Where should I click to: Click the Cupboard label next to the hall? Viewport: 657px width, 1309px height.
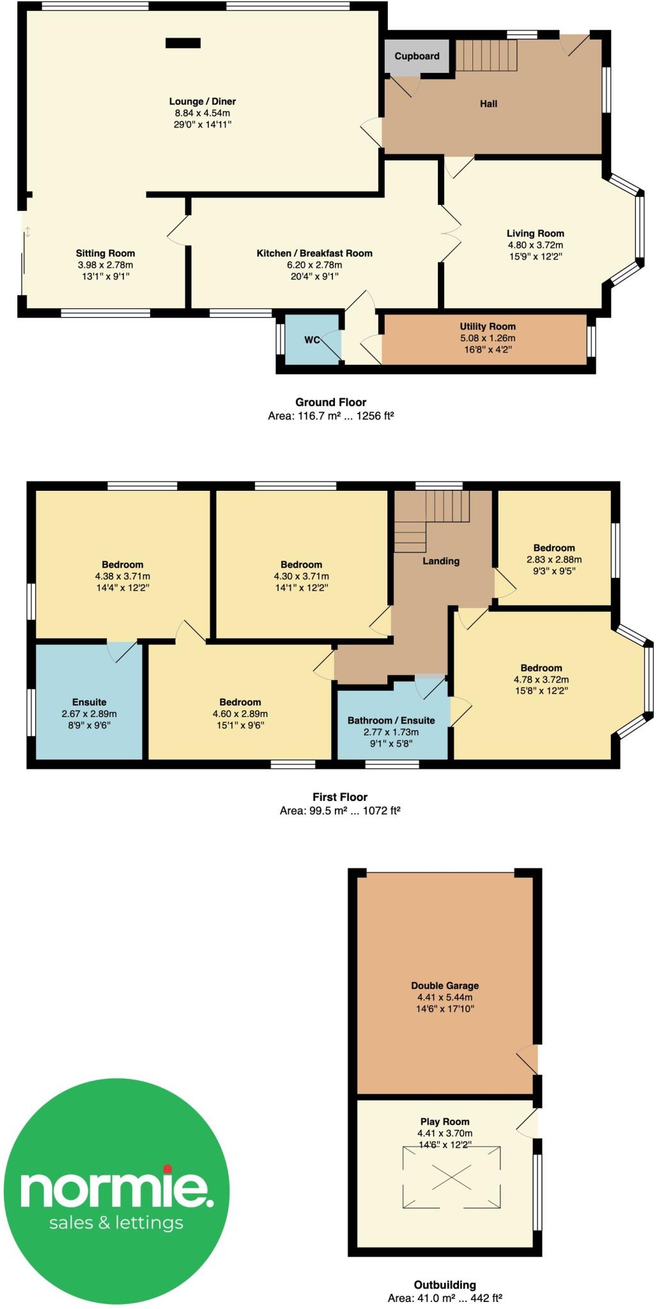click(417, 56)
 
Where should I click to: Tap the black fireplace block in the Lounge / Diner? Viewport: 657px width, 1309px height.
click(183, 43)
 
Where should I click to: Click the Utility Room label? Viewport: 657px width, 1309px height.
click(487, 327)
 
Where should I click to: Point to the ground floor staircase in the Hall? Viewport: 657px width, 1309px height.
click(486, 56)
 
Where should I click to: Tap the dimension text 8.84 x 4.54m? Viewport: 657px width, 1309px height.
click(203, 113)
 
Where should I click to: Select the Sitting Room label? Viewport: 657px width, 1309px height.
click(105, 253)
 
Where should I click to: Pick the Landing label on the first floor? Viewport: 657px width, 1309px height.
click(441, 561)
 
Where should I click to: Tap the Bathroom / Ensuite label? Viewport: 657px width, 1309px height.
click(391, 720)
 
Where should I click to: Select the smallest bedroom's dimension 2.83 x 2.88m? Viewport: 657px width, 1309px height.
click(554, 559)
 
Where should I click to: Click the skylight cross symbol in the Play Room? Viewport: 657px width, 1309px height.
click(451, 1177)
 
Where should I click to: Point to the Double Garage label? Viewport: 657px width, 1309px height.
click(445, 986)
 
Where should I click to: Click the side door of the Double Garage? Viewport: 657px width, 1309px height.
click(528, 1060)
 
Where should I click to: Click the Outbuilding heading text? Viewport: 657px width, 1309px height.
click(445, 1285)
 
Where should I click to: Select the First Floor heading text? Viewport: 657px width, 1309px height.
click(340, 797)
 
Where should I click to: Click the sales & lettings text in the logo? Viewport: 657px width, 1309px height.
click(116, 1223)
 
